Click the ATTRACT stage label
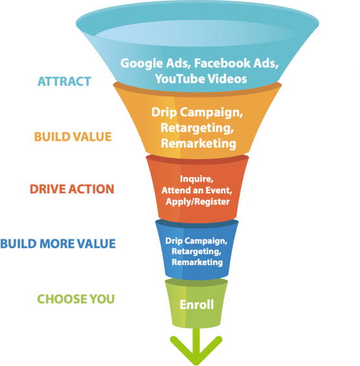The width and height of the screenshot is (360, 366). coord(64,81)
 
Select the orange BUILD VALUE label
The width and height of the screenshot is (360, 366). coord(73,137)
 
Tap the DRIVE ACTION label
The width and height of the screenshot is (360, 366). coord(72,189)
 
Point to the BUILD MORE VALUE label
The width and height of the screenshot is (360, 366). coord(58,244)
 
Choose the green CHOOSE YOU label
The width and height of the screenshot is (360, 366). coord(76,299)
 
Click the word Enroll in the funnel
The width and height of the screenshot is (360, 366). coord(197,305)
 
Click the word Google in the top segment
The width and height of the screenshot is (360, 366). coord(142,63)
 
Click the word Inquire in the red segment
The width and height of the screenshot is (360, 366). coord(197,179)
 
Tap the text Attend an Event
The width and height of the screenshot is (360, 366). coord(197,191)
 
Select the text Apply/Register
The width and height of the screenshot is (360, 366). coord(197,202)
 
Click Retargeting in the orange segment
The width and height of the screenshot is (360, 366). coord(197,128)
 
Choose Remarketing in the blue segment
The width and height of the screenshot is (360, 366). coord(197,262)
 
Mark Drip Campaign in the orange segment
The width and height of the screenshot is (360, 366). coord(197,113)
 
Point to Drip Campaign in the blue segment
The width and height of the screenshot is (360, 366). coord(196,241)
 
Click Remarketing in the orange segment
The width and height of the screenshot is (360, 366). coord(199,144)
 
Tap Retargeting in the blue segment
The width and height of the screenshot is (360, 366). coord(196,252)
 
